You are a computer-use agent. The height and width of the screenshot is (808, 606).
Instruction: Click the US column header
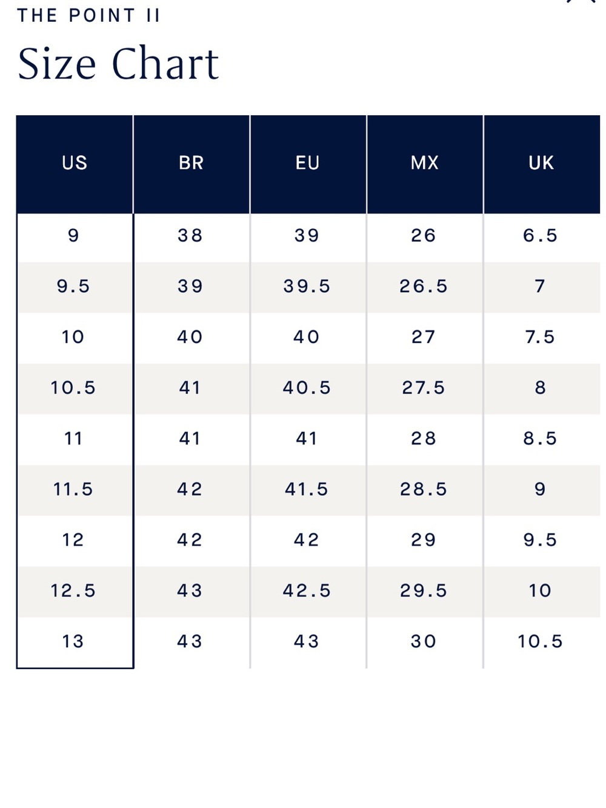click(75, 162)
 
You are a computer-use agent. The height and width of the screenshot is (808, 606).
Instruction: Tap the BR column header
click(191, 162)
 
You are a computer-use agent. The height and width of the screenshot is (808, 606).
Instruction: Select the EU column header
click(307, 162)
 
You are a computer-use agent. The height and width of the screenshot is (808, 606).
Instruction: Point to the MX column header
click(424, 162)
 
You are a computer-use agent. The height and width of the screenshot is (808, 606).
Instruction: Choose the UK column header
click(541, 162)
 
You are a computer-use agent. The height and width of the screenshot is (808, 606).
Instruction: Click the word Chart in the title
click(165, 63)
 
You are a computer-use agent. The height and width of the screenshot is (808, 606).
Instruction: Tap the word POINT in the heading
click(102, 16)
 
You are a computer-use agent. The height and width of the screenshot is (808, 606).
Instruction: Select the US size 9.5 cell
click(73, 286)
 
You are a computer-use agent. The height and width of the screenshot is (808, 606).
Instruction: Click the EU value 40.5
click(307, 387)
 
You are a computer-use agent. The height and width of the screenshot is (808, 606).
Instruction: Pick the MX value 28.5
click(424, 489)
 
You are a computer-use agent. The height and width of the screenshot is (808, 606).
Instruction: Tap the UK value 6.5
click(540, 235)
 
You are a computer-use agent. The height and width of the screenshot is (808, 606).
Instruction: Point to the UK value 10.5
click(540, 641)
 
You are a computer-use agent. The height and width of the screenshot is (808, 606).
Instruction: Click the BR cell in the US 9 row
click(190, 235)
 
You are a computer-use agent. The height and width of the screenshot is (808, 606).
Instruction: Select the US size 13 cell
click(73, 641)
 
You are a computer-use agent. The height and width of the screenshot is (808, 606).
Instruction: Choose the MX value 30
click(424, 641)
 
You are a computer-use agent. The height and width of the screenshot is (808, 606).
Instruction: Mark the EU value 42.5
click(307, 590)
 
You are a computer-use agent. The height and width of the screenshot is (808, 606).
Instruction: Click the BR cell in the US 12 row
click(190, 540)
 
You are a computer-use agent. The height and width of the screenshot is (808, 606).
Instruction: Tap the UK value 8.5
click(540, 438)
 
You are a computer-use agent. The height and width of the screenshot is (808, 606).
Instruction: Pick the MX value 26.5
click(424, 286)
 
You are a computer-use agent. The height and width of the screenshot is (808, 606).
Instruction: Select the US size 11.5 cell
click(73, 489)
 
